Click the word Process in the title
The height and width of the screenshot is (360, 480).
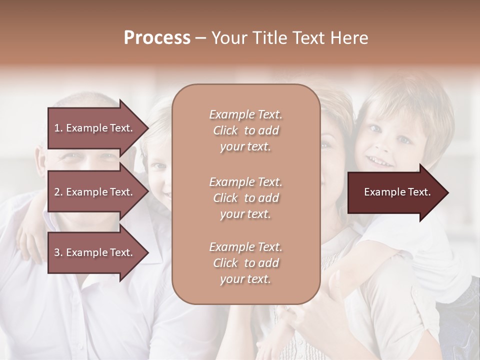tap(157, 38)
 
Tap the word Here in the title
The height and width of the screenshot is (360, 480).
tap(350, 38)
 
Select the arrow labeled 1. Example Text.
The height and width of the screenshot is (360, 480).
tap(95, 128)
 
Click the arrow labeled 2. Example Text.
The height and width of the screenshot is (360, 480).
tap(95, 192)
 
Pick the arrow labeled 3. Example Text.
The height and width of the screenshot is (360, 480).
tap(95, 252)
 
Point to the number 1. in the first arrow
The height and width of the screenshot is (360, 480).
tap(58, 128)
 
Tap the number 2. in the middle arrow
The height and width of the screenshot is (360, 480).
tap(58, 192)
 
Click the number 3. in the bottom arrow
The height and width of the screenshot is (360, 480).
tap(58, 252)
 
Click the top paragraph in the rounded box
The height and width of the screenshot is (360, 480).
tap(245, 130)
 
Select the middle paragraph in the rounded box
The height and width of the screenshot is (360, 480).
tap(245, 198)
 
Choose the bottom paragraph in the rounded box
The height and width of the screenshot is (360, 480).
tap(245, 263)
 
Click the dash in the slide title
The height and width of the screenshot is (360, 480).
tap(201, 38)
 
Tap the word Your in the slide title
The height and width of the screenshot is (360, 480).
tap(228, 38)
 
